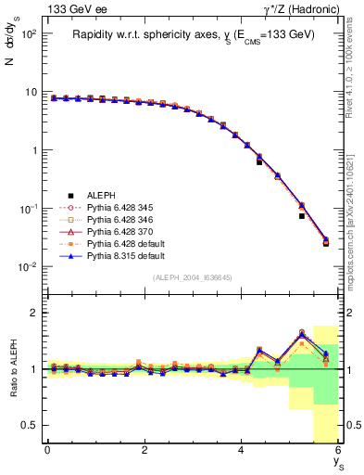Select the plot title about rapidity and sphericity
[194, 35]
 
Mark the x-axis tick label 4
[241, 449]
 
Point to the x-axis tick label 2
[144, 449]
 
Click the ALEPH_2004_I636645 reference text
[193, 278]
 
